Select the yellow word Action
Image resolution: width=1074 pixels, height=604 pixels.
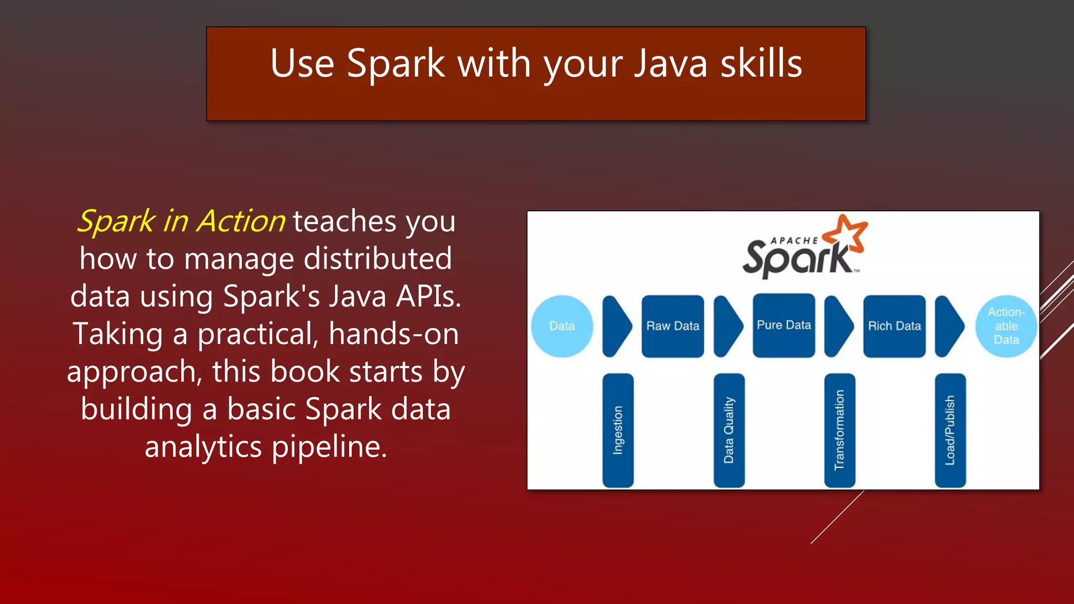tap(241, 221)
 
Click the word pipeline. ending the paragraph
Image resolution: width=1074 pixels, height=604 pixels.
tap(329, 447)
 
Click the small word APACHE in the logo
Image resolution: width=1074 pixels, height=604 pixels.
tap(794, 241)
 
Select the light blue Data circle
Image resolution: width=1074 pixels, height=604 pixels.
tap(562, 326)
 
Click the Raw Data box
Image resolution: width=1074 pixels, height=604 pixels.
tap(673, 326)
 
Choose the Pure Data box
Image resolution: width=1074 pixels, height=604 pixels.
tap(784, 326)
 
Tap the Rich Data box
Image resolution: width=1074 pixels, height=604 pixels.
tap(895, 326)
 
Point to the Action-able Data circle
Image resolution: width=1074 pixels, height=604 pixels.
tap(1006, 326)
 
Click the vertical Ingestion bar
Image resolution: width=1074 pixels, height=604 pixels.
tap(618, 430)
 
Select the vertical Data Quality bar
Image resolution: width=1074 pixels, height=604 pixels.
tap(729, 430)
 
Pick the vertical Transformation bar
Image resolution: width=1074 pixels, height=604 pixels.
tap(840, 430)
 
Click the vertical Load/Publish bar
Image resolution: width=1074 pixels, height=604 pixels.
tap(950, 430)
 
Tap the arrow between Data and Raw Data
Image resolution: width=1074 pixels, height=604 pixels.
tap(616, 326)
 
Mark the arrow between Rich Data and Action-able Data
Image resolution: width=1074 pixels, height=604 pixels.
tap(949, 326)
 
